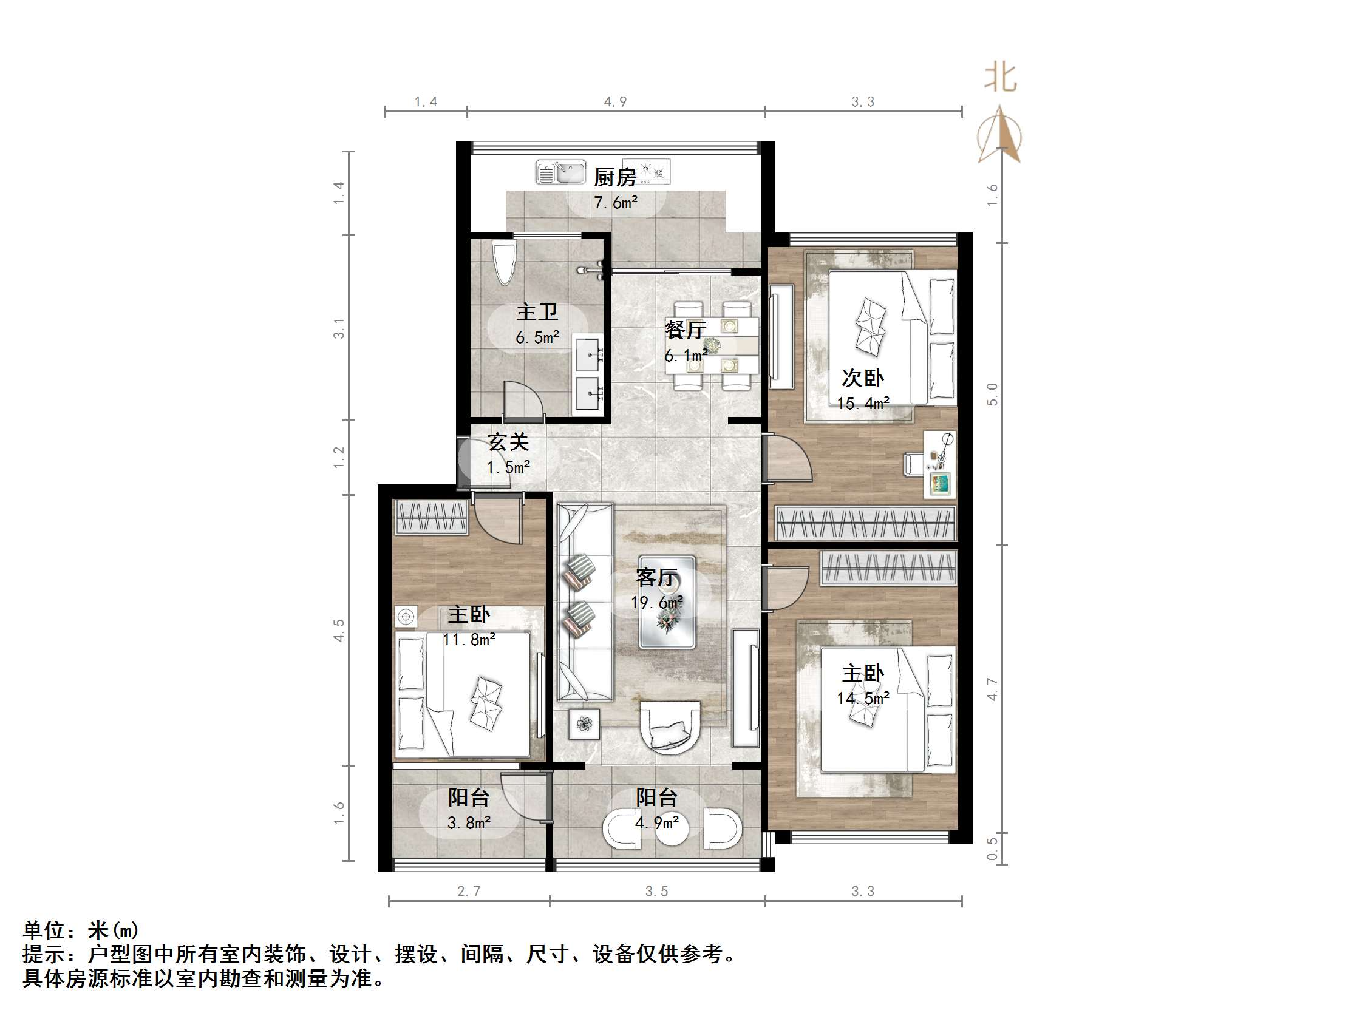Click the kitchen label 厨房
(615, 178)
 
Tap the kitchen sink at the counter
(560, 172)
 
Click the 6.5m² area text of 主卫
(537, 337)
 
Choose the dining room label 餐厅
(686, 330)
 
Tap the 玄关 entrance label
(508, 442)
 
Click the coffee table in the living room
(666, 602)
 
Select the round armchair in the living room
(669, 727)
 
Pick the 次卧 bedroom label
(862, 379)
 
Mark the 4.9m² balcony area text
(656, 823)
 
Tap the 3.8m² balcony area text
(469, 823)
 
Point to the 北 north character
(1000, 78)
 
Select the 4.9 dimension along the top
(615, 102)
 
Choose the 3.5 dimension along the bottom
(656, 892)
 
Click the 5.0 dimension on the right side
(992, 394)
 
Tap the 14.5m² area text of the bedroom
(862, 698)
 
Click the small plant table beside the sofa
(585, 724)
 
